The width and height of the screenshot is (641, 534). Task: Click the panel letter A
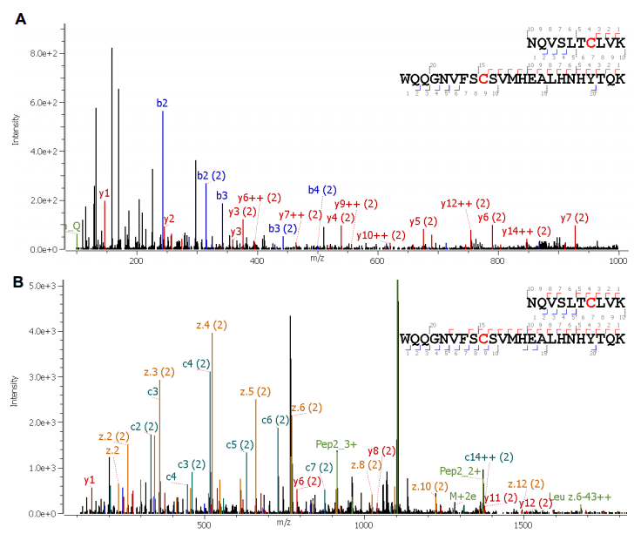(x=19, y=20)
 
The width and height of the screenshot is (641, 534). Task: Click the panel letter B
(x=19, y=282)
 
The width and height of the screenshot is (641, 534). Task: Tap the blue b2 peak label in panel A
(x=162, y=104)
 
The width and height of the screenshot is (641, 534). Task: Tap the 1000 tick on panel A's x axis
(x=618, y=261)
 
